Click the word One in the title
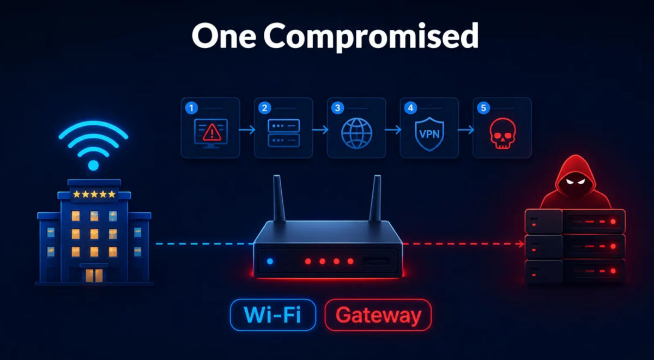pyautogui.click(x=224, y=35)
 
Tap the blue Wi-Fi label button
pyautogui.click(x=273, y=315)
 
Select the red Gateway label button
pyautogui.click(x=378, y=315)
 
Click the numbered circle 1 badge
pyautogui.click(x=191, y=108)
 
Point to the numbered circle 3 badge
pyautogui.click(x=337, y=108)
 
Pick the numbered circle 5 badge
pyautogui.click(x=483, y=108)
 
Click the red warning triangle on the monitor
pyautogui.click(x=212, y=132)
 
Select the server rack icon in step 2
pyautogui.click(x=284, y=133)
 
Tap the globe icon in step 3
pyautogui.click(x=356, y=133)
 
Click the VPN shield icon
pyautogui.click(x=429, y=134)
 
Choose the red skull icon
pyautogui.click(x=502, y=133)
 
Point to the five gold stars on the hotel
pyautogui.click(x=94, y=194)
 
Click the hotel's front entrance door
pyautogui.click(x=94, y=275)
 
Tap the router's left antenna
pyautogui.click(x=278, y=198)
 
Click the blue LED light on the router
pyautogui.click(x=270, y=261)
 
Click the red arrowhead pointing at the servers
pyautogui.click(x=522, y=244)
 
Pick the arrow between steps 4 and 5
pyautogui.click(x=465, y=130)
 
